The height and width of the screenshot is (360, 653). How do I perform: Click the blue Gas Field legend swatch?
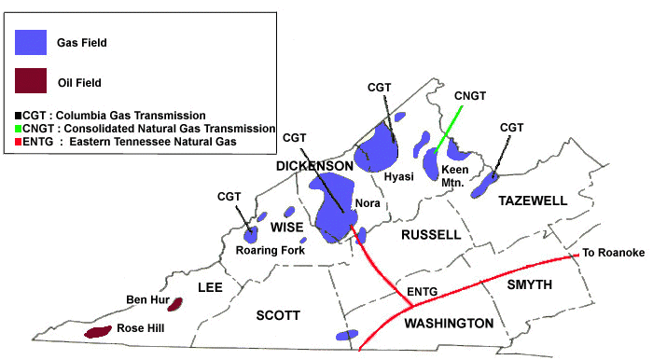(32, 41)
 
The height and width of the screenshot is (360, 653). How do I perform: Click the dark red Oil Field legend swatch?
(32, 81)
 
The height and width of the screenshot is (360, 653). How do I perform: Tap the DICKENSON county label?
(314, 166)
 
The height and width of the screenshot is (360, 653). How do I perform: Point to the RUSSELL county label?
(431, 234)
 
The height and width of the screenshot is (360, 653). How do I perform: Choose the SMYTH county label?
(531, 284)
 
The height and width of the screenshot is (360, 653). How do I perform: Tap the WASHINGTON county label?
(448, 324)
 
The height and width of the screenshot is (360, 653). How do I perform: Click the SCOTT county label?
(277, 316)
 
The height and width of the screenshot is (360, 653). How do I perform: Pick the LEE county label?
(210, 287)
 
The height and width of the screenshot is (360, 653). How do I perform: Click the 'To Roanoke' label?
(613, 253)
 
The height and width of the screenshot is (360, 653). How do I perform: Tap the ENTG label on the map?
(424, 293)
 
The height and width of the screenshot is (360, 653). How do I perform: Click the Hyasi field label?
(399, 175)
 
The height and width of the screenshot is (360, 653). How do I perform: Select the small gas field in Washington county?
(346, 335)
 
